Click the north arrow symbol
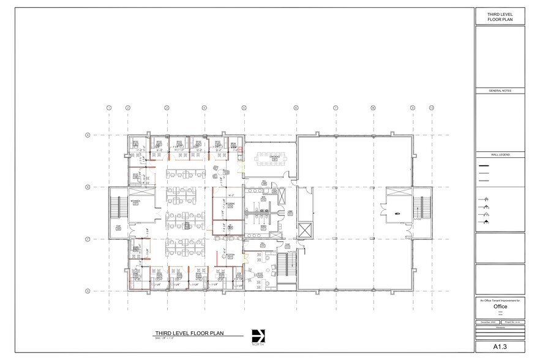(258, 336)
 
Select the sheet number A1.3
(500, 346)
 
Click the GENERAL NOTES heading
(500, 91)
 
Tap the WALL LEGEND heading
(500, 156)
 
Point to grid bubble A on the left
(88, 135)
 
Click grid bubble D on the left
(88, 291)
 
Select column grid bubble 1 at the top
(109, 108)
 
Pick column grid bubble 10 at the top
(431, 108)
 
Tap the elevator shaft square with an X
(305, 233)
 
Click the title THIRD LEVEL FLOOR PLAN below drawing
(189, 334)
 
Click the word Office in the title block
(500, 306)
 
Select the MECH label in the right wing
(397, 214)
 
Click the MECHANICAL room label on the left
(136, 201)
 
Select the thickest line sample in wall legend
(484, 167)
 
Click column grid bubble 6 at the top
(296, 108)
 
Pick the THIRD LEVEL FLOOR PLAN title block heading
(500, 17)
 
